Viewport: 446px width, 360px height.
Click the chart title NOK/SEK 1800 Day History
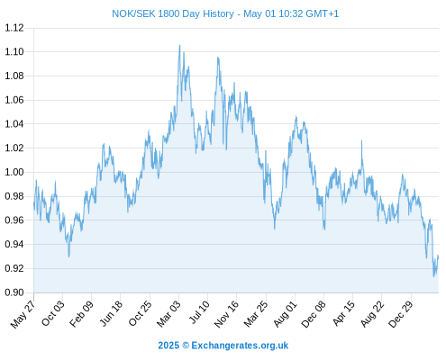[173, 13]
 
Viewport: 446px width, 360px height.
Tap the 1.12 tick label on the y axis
[14, 28]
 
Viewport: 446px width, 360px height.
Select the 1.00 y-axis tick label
[14, 172]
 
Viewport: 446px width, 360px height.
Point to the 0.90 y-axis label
[14, 292]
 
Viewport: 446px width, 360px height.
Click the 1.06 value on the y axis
[14, 100]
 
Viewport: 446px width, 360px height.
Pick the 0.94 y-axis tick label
[14, 244]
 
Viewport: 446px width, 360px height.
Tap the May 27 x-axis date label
[23, 314]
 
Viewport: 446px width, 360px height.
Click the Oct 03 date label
[53, 313]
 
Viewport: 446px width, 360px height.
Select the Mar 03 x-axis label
[168, 313]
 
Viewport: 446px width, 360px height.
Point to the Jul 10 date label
[199, 312]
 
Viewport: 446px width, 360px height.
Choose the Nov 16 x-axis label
[226, 314]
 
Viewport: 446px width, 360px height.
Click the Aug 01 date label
[285, 314]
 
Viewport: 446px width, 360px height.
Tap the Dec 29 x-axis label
[401, 314]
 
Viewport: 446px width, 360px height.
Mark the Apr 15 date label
[343, 313]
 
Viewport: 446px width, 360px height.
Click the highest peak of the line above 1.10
[179, 45]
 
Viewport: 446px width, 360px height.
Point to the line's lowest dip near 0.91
[433, 276]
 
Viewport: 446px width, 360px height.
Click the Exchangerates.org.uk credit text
[240, 346]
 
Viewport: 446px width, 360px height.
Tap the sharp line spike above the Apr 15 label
[361, 141]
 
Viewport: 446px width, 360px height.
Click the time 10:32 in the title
[291, 13]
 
